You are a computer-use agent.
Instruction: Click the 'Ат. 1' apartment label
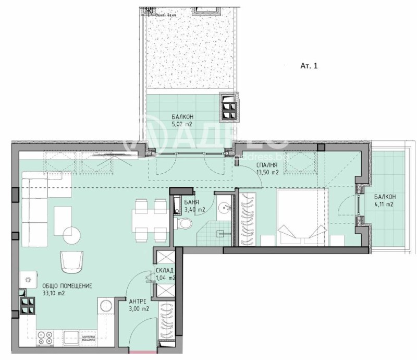pyautogui.click(x=309, y=66)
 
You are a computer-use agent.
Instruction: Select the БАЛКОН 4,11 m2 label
pyautogui.click(x=384, y=200)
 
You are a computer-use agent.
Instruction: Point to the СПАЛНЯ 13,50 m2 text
pyautogui.click(x=266, y=169)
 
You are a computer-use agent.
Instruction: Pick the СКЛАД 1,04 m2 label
pyautogui.click(x=165, y=274)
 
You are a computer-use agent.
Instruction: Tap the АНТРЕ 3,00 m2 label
pyautogui.click(x=139, y=305)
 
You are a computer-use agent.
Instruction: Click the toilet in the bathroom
pyautogui.click(x=183, y=224)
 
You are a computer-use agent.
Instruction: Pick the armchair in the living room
pyautogui.click(x=72, y=261)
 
